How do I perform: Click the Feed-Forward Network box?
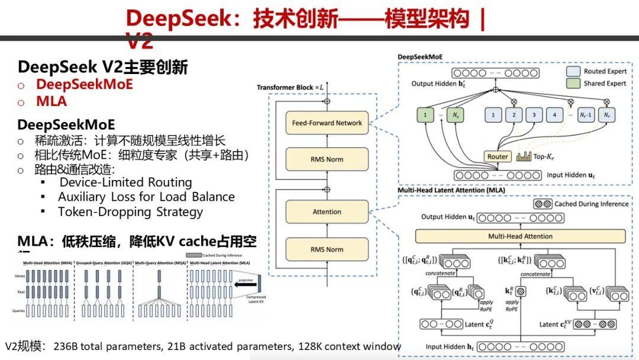pyautogui.click(x=327, y=123)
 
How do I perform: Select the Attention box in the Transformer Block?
pyautogui.click(x=327, y=211)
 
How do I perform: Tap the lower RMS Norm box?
pyautogui.click(x=327, y=249)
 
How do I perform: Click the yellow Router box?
pyautogui.click(x=498, y=157)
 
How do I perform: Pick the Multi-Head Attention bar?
pyautogui.click(x=520, y=236)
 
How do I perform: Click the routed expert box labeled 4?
pyautogui.click(x=554, y=114)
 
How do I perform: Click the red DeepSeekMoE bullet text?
pyautogui.click(x=84, y=84)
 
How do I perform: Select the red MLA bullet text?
pyautogui.click(x=51, y=101)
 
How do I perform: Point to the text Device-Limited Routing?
pyautogui.click(x=125, y=182)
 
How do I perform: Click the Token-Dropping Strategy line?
pyautogui.click(x=130, y=212)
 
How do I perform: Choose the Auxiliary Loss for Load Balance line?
pyautogui.click(x=146, y=197)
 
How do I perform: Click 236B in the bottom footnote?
pyautogui.click(x=65, y=346)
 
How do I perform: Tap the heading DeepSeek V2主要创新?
pyautogui.click(x=102, y=67)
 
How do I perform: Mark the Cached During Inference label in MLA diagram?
pyautogui.click(x=591, y=204)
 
